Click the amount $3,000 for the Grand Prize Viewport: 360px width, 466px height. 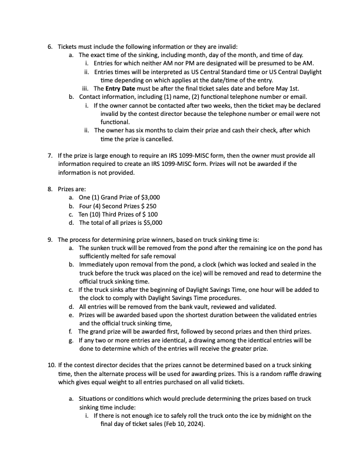pos(148,198)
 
